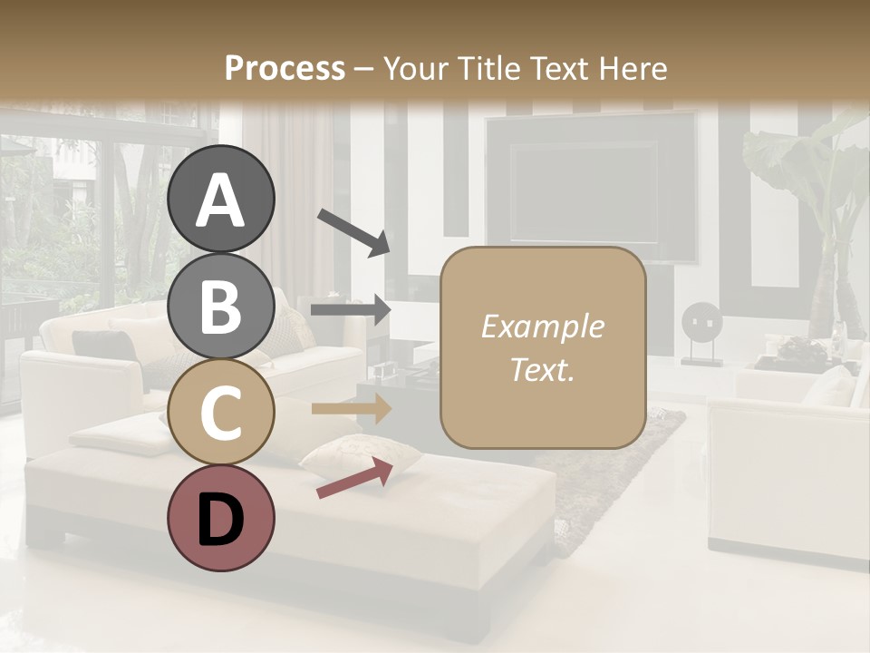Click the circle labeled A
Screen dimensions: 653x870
click(220, 199)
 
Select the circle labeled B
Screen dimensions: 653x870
click(220, 307)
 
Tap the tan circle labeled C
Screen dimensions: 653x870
click(220, 414)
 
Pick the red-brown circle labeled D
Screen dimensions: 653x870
click(220, 519)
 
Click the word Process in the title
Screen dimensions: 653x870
click(285, 68)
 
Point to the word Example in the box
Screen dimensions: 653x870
click(542, 326)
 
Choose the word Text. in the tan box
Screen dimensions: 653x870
click(542, 369)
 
